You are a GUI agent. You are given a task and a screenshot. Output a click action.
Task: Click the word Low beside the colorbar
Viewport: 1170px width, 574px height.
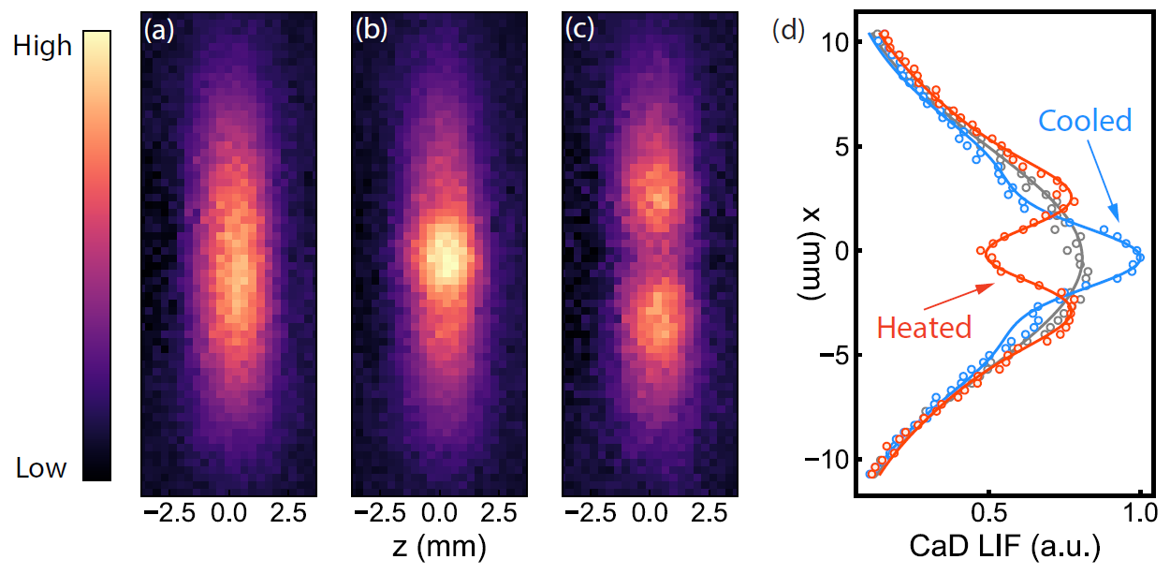[x=41, y=468]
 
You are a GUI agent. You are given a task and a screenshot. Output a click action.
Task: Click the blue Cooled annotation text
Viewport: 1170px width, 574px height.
[x=1086, y=120]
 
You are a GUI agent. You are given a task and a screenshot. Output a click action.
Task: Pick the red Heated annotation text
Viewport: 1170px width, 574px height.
[x=924, y=327]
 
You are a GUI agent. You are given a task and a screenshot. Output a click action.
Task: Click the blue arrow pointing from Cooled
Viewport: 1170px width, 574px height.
[x=1104, y=184]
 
